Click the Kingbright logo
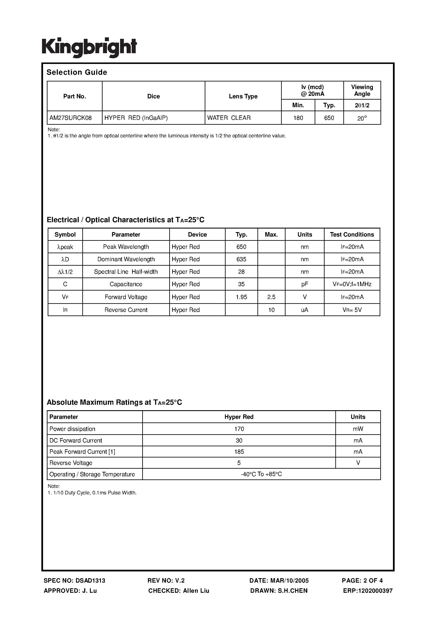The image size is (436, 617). tap(89, 47)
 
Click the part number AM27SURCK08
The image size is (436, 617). tap(70, 118)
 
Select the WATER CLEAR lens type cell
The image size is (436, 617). tap(229, 118)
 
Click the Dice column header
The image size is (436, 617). tap(153, 96)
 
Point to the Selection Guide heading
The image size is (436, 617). tap(77, 72)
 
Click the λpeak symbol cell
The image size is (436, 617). tap(65, 247)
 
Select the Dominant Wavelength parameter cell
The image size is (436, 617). tap(126, 259)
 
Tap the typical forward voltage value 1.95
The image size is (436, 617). tap(241, 297)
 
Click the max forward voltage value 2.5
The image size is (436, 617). tap(271, 297)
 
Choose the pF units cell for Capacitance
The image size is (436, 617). tap(304, 284)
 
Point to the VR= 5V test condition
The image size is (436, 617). tap(352, 310)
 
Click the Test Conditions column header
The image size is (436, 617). tap(352, 234)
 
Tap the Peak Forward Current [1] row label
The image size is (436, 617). tap(82, 452)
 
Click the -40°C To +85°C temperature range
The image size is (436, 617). tap(261, 474)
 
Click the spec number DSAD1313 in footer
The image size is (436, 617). tap(90, 580)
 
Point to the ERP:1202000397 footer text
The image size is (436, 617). tap(368, 591)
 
